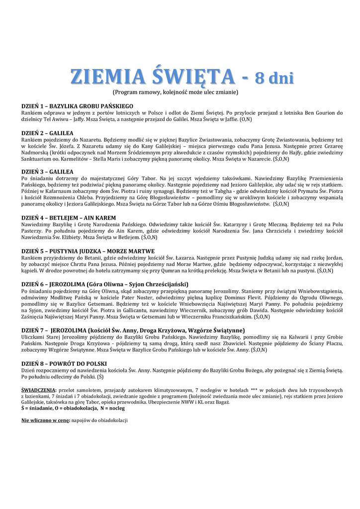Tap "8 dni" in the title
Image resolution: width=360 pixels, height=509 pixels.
pyautogui.click(x=274, y=78)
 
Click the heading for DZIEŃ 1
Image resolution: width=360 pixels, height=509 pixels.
pyautogui.click(x=77, y=106)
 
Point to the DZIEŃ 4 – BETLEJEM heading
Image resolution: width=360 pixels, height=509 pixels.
pyautogui.click(x=69, y=218)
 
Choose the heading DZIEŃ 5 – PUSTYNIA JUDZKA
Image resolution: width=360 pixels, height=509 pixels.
pyautogui.click(x=88, y=251)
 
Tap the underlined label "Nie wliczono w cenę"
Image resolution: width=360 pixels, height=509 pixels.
pyautogui.click(x=45, y=420)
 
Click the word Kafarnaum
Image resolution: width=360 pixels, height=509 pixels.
pyautogui.click(x=61, y=191)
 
